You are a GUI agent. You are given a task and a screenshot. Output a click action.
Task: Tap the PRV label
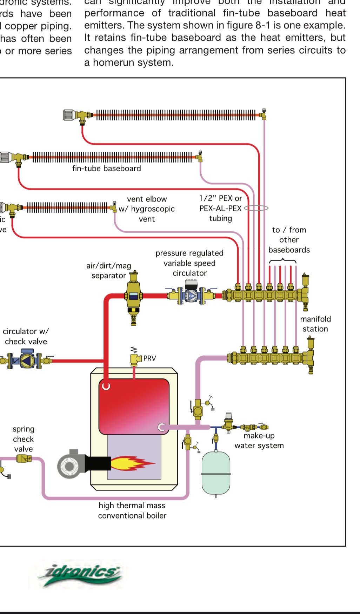149,358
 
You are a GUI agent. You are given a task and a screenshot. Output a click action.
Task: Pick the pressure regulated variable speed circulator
191,295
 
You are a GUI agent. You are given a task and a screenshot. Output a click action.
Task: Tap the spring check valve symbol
24,458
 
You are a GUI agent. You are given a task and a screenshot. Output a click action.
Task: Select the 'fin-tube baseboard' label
106,169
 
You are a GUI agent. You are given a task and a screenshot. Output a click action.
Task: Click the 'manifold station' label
315,324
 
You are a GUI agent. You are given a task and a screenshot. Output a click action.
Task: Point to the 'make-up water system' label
259,441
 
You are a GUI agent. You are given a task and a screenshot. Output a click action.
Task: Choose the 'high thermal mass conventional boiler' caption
132,510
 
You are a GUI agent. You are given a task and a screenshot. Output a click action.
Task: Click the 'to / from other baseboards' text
289,240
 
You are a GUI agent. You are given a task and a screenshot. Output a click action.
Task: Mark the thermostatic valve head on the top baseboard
68,115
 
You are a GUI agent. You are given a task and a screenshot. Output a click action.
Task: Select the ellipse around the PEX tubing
256,208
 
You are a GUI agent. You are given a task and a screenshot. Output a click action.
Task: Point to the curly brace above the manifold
283,261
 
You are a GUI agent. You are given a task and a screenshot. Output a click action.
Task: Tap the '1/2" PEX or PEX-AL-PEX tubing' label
220,208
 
